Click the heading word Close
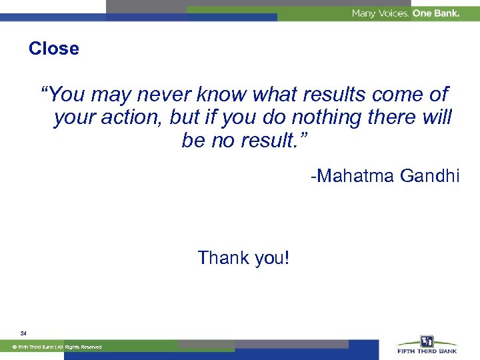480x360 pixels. pyautogui.click(x=53, y=49)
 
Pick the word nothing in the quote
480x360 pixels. pyautogui.click(x=319, y=118)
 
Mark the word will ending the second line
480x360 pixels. pyautogui.click(x=436, y=118)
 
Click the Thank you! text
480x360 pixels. pyautogui.click(x=243, y=257)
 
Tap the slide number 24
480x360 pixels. pyautogui.click(x=23, y=333)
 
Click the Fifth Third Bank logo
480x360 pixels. pyautogui.click(x=427, y=345)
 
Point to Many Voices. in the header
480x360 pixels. pyautogui.click(x=380, y=13)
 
